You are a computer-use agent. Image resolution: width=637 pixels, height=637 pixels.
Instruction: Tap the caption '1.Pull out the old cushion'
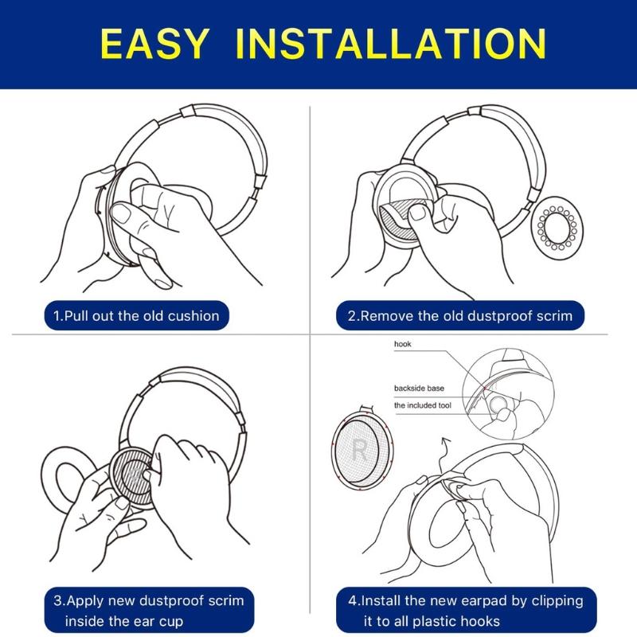coord(136,316)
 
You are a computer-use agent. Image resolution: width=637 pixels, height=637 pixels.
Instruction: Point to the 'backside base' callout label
coord(419,389)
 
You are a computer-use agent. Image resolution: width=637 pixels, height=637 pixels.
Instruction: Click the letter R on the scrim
coord(358,452)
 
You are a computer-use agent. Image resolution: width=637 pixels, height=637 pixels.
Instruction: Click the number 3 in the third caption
coord(57,600)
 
